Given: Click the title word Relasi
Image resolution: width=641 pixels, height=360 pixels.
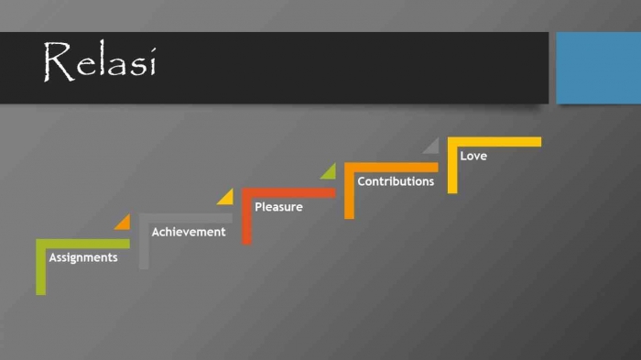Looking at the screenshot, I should coord(99,61).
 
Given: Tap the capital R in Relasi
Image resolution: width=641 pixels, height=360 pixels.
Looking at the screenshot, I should coord(57,61).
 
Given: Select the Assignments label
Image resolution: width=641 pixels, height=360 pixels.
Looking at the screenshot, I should coord(83,257).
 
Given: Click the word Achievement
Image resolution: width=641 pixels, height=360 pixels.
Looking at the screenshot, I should coord(188,232).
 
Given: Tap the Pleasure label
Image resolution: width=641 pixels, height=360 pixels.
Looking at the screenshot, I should coord(278,207).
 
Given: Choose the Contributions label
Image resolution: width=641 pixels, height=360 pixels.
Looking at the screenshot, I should coord(396,181).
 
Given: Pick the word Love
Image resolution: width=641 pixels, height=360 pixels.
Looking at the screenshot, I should coord(473,156).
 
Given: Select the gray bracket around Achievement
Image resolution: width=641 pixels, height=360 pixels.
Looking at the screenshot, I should coord(144,243).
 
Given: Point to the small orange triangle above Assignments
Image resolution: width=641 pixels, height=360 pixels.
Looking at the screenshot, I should coord(124,223).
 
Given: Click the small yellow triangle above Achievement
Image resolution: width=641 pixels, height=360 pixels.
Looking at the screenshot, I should coord(226,197).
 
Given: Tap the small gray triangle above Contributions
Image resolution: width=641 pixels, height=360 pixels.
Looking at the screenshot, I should coord(432,147).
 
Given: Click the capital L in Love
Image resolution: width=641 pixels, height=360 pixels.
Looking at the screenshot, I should coord(463,156).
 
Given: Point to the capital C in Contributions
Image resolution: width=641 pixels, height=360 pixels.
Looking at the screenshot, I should coord(362,181).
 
